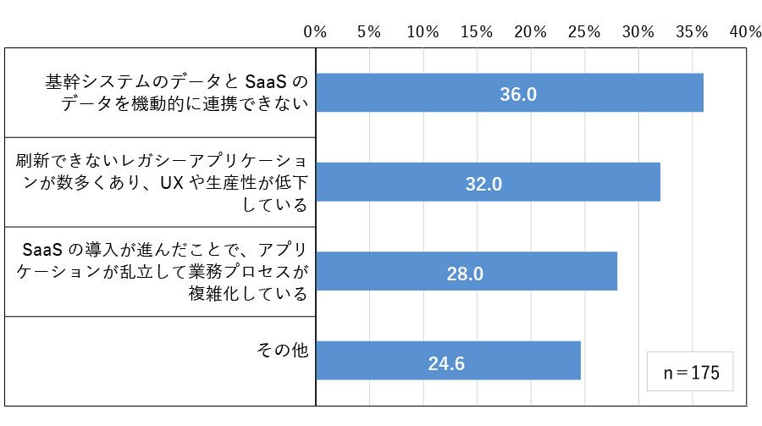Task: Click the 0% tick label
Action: (315, 32)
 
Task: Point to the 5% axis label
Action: (369, 32)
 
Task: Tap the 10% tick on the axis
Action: (422, 32)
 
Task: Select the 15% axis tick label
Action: (477, 32)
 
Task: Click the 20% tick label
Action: (530, 32)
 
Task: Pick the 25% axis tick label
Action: (584, 32)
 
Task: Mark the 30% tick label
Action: (638, 32)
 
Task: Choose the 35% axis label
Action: (692, 32)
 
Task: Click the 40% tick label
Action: (745, 32)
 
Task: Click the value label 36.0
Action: (518, 94)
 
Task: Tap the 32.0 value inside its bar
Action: (483, 185)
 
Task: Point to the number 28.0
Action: (465, 274)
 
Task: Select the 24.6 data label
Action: (446, 364)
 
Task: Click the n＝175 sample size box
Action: (690, 372)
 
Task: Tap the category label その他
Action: (282, 350)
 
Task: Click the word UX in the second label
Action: (172, 183)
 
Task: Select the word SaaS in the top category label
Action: (265, 81)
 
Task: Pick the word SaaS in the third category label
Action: (42, 250)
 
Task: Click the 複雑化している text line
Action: (248, 294)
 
